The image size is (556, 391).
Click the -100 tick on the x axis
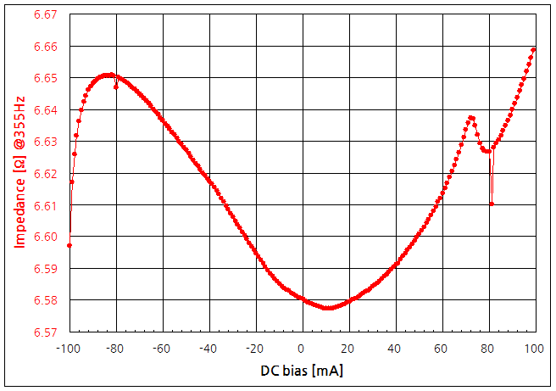(68, 349)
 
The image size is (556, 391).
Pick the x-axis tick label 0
(301, 349)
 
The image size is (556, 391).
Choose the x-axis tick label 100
(534, 349)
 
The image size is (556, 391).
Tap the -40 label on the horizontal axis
(208, 349)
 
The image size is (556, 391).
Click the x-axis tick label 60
(441, 349)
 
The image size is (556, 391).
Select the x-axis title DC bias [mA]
(301, 371)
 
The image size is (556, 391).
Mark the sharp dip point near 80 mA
(492, 204)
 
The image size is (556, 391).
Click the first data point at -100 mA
(69, 245)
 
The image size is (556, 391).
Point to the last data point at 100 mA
(534, 49)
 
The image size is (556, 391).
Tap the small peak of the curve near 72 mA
(471, 117)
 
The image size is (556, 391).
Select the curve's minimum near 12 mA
(329, 307)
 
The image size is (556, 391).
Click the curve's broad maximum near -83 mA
(108, 75)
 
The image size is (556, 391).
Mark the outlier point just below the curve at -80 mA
(116, 87)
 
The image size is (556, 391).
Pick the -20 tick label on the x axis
(254, 349)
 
